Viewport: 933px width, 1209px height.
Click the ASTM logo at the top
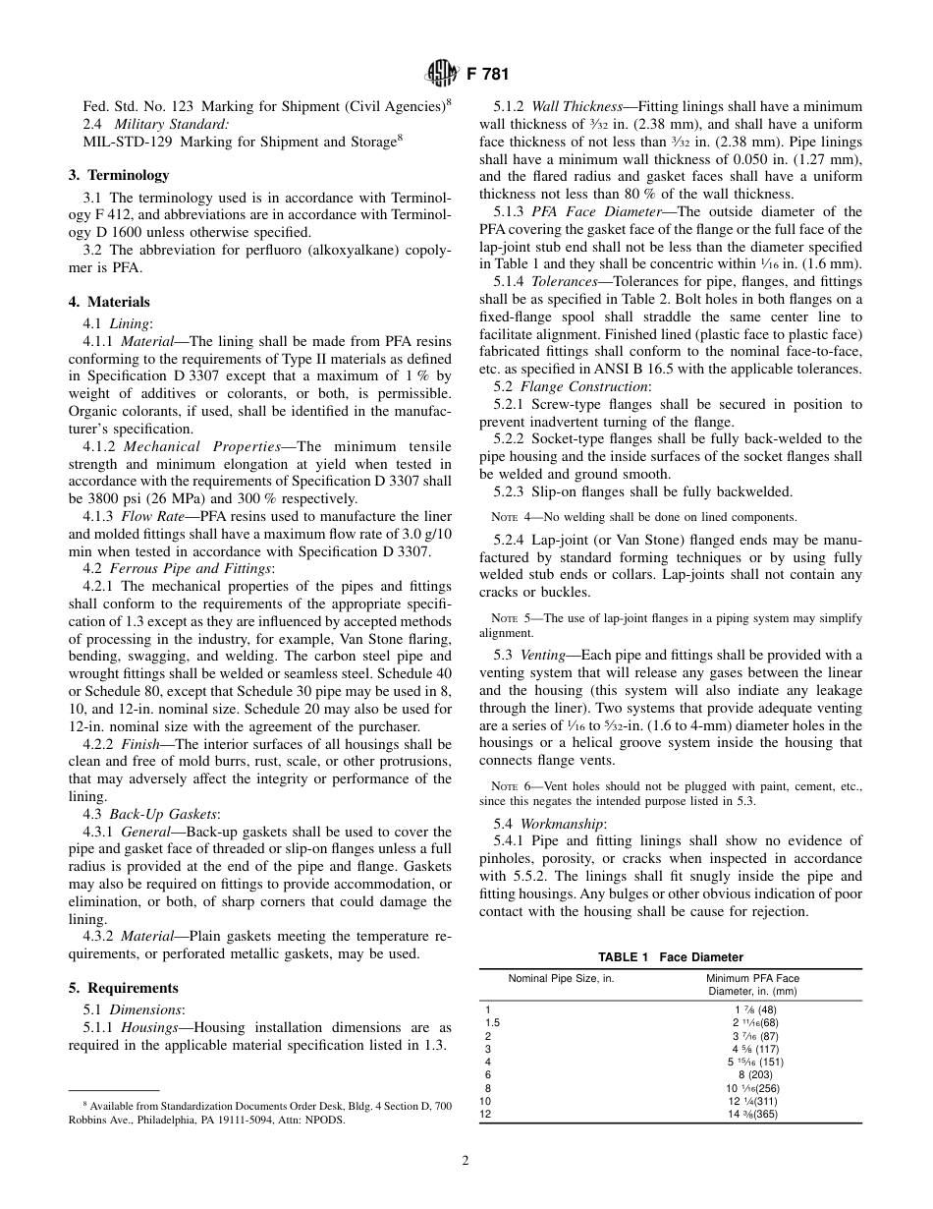tap(437, 72)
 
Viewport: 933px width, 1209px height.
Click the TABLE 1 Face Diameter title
tap(671, 956)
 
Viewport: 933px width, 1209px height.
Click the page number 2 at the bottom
tap(466, 1160)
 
